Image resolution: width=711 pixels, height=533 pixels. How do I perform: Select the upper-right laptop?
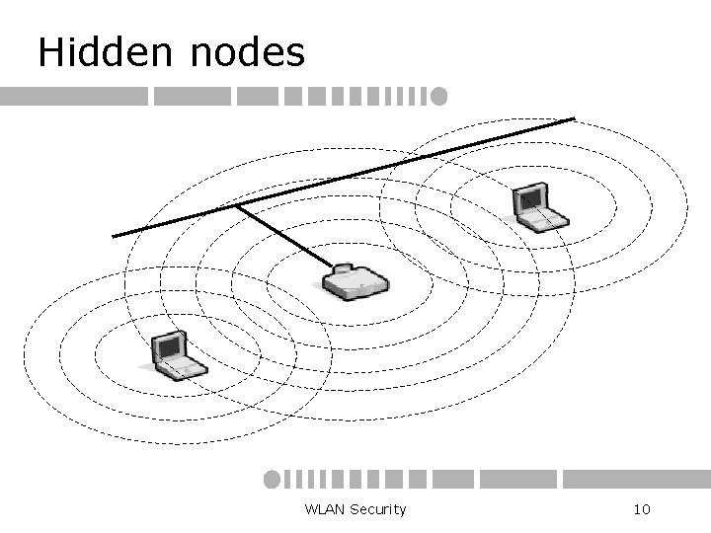(538, 208)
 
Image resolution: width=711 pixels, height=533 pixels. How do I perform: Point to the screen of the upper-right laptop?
(529, 199)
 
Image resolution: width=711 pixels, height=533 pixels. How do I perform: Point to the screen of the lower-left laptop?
(167, 346)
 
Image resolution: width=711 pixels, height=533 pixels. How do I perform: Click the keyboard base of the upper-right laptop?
(546, 219)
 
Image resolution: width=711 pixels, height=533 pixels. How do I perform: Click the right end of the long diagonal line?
(574, 119)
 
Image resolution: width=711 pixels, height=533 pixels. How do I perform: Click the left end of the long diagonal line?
(114, 235)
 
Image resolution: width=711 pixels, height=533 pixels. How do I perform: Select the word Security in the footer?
(377, 509)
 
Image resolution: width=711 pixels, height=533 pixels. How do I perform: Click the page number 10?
(640, 509)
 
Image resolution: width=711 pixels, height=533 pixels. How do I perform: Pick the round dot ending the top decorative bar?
(438, 97)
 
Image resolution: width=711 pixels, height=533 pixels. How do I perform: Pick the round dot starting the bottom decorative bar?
(272, 479)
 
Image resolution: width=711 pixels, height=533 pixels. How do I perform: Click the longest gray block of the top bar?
(74, 97)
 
